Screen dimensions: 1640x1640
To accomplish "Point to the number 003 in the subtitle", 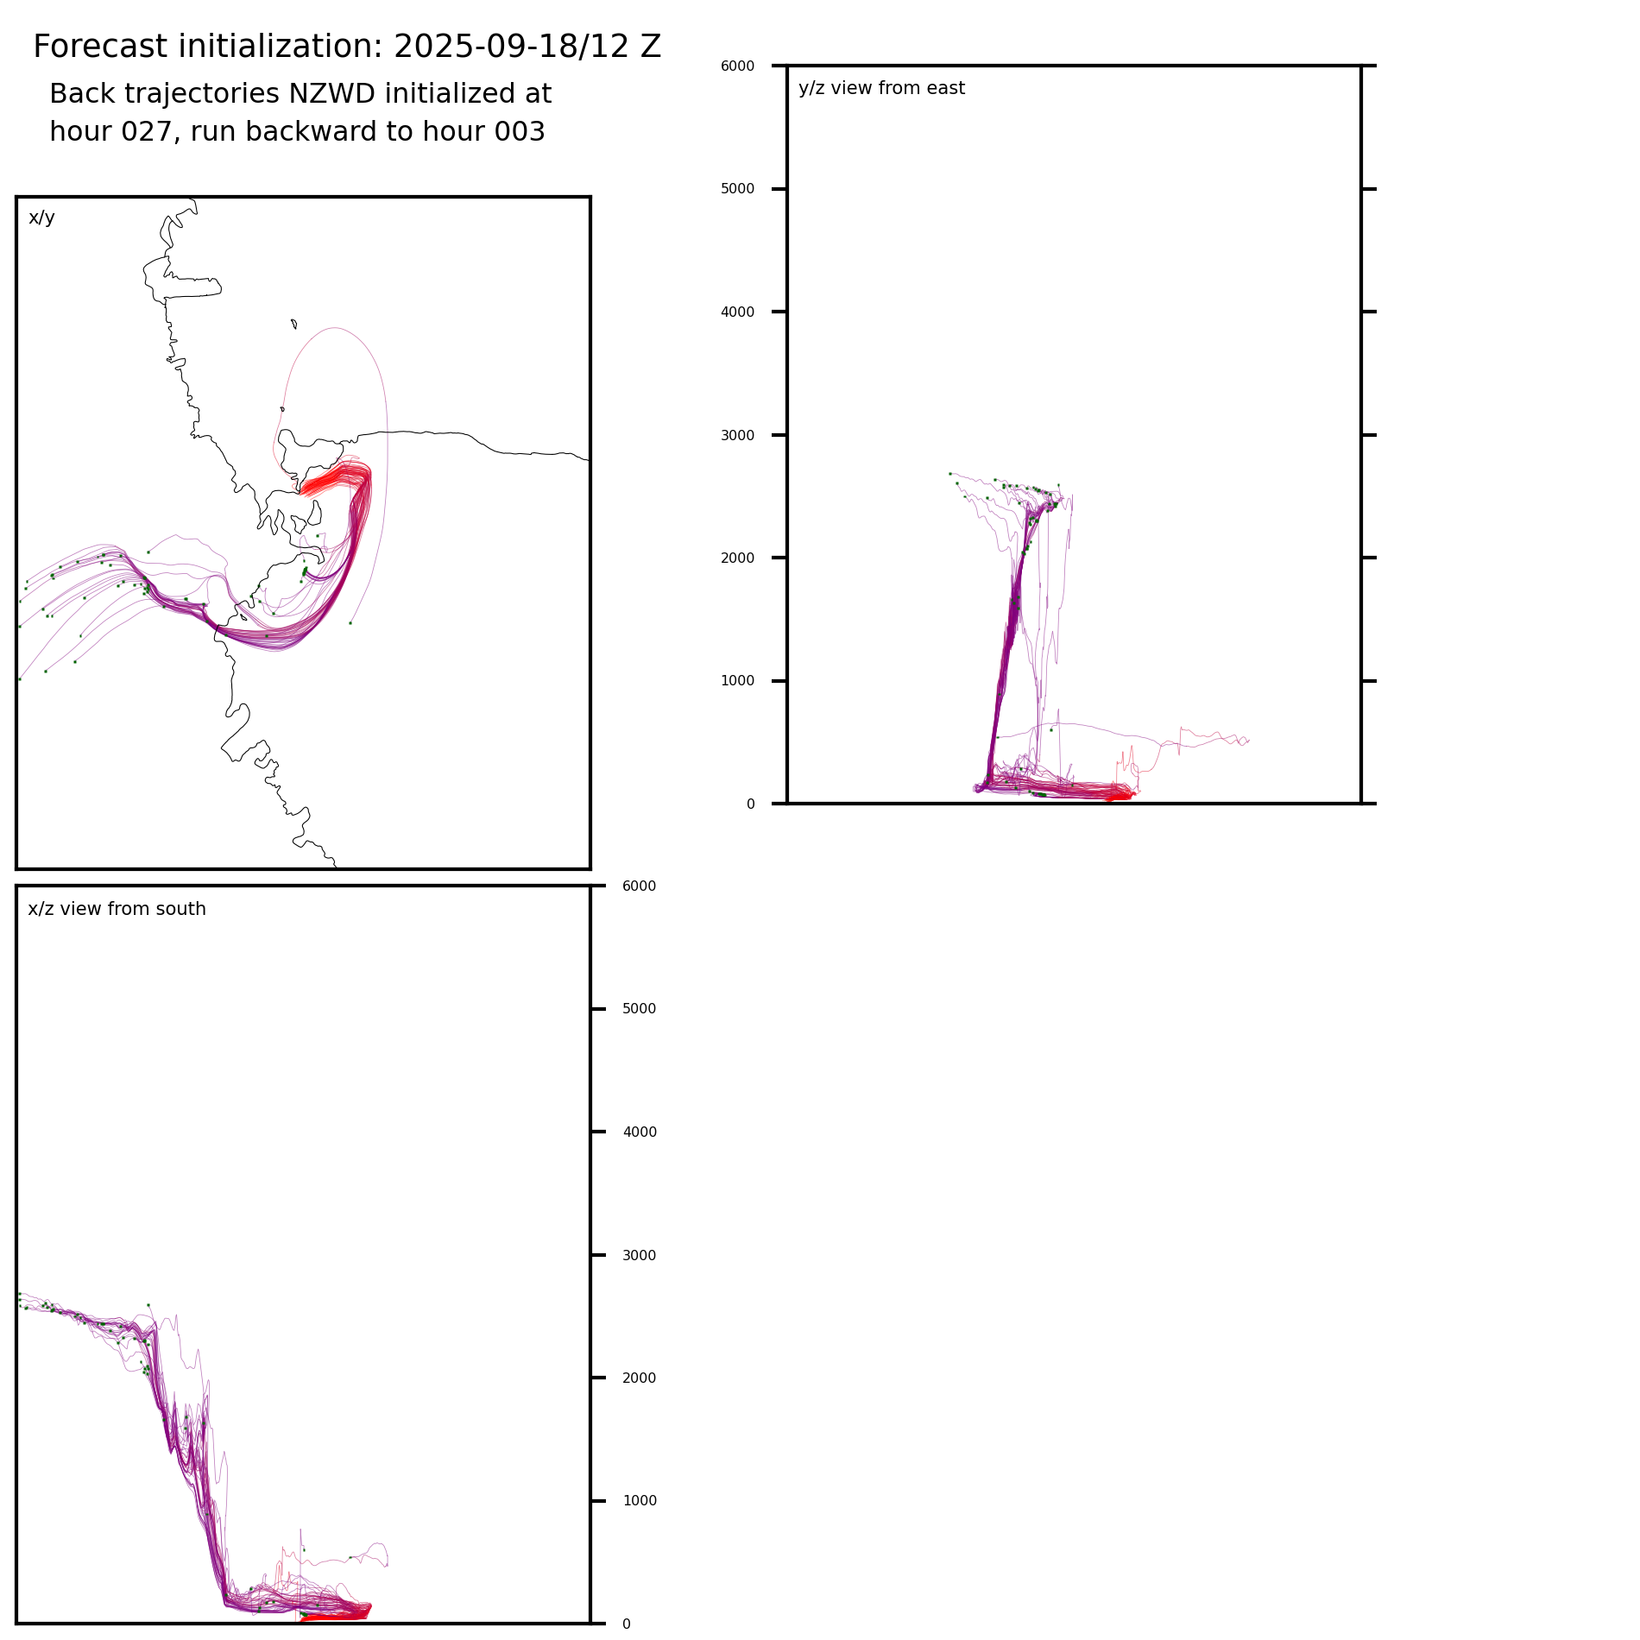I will [519, 132].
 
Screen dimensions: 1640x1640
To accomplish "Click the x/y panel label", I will [41, 218].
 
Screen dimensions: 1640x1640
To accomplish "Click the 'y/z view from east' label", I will [881, 88].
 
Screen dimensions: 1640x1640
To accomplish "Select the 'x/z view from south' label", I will [117, 909].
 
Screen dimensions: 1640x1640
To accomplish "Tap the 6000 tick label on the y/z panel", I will [737, 66].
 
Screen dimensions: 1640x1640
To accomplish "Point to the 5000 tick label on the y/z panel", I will [737, 189].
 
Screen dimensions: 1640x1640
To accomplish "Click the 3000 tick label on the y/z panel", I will [737, 435].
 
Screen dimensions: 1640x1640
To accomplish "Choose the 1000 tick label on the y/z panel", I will [737, 681].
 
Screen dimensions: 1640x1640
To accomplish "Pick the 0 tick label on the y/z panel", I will [750, 804].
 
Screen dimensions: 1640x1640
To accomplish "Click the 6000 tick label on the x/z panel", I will [639, 886].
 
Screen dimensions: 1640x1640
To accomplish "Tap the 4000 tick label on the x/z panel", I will [639, 1132].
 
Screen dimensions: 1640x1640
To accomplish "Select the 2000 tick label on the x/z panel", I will [639, 1378].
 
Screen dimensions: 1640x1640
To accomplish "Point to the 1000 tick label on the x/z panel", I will [639, 1501].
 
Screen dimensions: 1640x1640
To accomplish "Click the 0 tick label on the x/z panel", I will [626, 1624].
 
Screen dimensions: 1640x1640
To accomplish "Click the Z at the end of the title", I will [651, 47].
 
